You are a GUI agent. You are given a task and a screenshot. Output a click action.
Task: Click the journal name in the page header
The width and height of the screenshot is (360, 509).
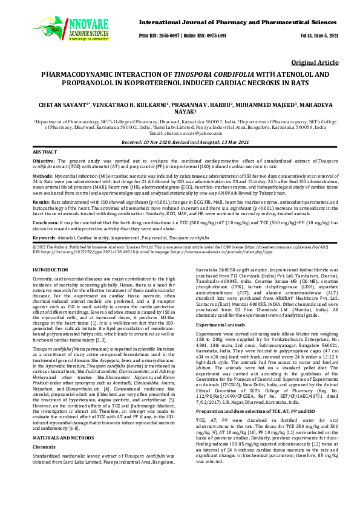pos(238,21)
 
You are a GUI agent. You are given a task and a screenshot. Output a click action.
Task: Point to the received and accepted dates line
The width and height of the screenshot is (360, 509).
pos(180,140)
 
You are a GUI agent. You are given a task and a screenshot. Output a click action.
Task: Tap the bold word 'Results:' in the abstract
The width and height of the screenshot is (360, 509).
pos(41,201)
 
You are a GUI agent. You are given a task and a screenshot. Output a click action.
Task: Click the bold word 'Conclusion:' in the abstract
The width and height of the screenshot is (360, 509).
pos(45,222)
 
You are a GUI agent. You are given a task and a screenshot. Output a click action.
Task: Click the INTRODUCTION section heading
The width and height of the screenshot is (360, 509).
pos(50,268)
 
